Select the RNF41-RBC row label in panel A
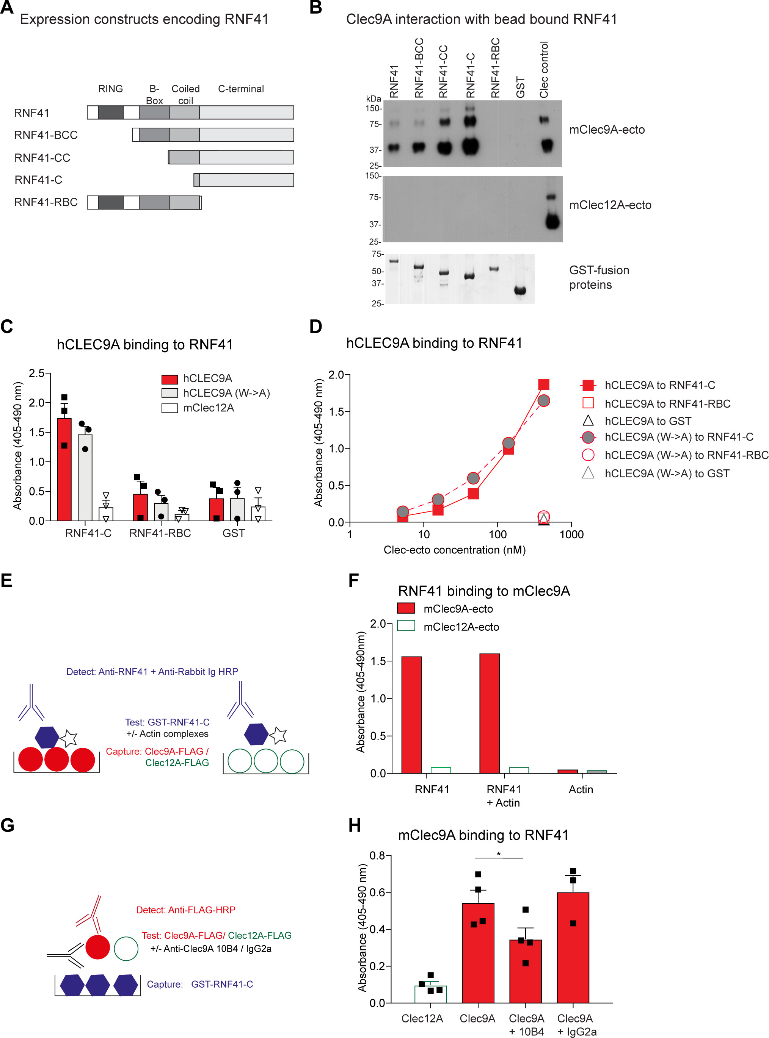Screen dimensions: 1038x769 pos(46,202)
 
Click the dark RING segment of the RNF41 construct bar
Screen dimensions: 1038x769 pos(110,113)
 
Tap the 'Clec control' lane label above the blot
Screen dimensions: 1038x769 pos(544,70)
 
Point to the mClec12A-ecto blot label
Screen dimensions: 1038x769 pos(610,205)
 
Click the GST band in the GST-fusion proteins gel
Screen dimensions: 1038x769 pos(520,291)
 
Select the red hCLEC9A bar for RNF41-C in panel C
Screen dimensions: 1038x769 pos(64,470)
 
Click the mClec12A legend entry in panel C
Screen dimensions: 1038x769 pos(209,408)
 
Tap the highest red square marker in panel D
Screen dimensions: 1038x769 pos(543,385)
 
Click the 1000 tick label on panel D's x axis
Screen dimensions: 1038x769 pos(571,535)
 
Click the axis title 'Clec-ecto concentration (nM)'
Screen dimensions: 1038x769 pos(454,550)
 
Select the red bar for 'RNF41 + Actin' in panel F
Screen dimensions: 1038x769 pos(489,713)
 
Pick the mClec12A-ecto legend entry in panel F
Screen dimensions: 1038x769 pos(460,627)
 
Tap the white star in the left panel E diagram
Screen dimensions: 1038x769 pos(68,738)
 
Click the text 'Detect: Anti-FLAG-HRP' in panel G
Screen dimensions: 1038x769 pos(185,910)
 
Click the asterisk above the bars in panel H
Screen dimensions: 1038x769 pos(499,854)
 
